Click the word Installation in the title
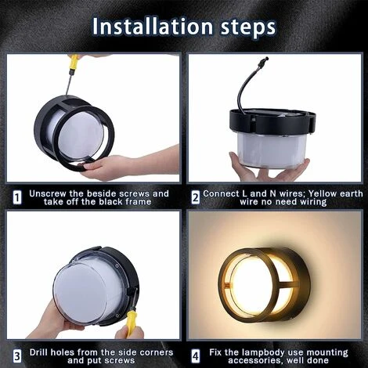(153, 27)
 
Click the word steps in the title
(248, 27)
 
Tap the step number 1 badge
(17, 197)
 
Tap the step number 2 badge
(195, 197)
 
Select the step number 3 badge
(17, 356)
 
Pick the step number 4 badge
(196, 356)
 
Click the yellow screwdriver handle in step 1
(73, 61)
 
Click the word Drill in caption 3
(38, 352)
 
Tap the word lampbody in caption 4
(264, 353)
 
